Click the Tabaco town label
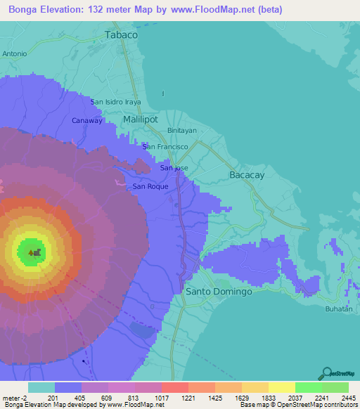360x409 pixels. pos(120,34)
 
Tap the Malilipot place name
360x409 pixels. pos(143,120)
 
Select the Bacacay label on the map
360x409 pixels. pos(247,175)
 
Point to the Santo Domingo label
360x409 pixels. pos(218,291)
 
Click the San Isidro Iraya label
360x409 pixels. pos(116,102)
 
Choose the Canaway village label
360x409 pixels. pos(87,121)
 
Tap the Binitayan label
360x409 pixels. pos(181,131)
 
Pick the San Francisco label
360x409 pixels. pos(165,147)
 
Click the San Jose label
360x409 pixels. pos(174,168)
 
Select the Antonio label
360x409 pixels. pos(14,53)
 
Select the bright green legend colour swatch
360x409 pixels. pos(308,387)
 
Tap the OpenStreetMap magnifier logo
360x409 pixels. pos(326,372)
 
